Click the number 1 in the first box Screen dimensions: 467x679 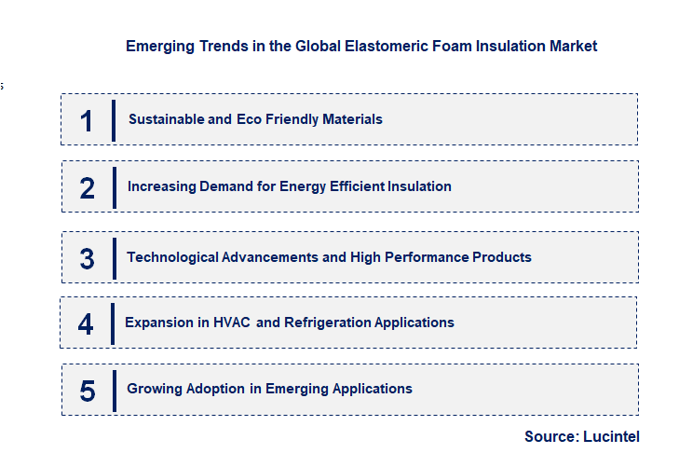87,120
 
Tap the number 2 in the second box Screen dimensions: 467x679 87,187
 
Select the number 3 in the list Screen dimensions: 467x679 87,258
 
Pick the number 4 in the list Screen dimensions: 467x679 86,323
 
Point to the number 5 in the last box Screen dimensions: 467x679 87,391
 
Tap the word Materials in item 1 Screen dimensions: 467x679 350,119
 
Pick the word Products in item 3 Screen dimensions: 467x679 501,256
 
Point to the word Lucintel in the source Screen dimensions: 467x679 611,436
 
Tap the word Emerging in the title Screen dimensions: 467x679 159,46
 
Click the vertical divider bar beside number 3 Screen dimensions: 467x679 114,257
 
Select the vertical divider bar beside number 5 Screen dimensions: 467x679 114,390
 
